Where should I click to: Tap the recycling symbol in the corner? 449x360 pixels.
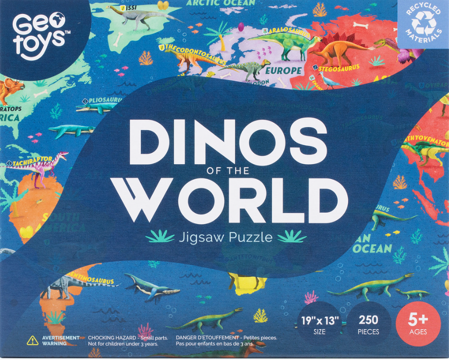424,23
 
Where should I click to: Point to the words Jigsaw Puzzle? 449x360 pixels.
225,237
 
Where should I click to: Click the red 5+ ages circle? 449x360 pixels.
418,323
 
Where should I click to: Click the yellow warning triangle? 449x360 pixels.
32,340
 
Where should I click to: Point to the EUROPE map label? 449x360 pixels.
284,71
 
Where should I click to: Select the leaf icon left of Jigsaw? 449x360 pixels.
160,236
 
